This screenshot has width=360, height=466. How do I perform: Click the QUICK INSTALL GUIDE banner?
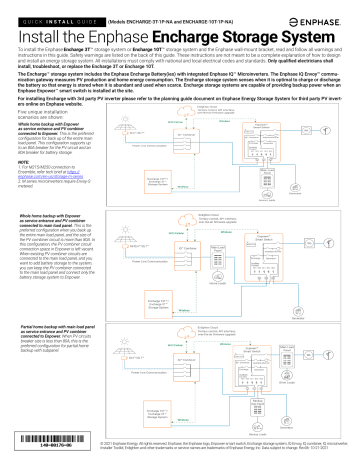[47, 7]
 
